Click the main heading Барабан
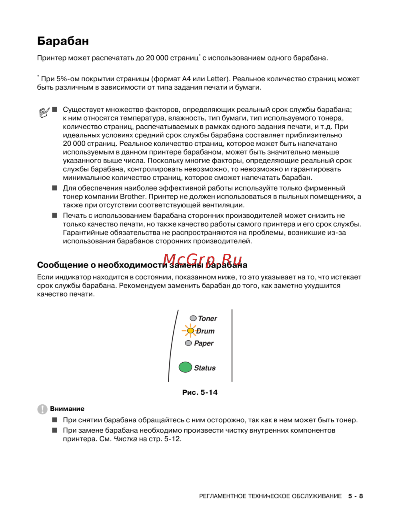[63, 41]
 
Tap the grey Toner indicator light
[193, 318]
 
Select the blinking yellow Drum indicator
[190, 331]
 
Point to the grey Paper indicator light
[188, 343]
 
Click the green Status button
[185, 367]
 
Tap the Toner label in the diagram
[208, 319]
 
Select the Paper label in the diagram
[204, 343]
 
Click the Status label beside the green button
[205, 368]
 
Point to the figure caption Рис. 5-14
[200, 392]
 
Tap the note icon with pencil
[44, 112]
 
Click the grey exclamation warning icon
[42, 409]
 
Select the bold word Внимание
[67, 409]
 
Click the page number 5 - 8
[355, 496]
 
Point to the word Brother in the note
[132, 197]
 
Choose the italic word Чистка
[125, 439]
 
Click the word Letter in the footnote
[216, 79]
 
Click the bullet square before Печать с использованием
[55, 215]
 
